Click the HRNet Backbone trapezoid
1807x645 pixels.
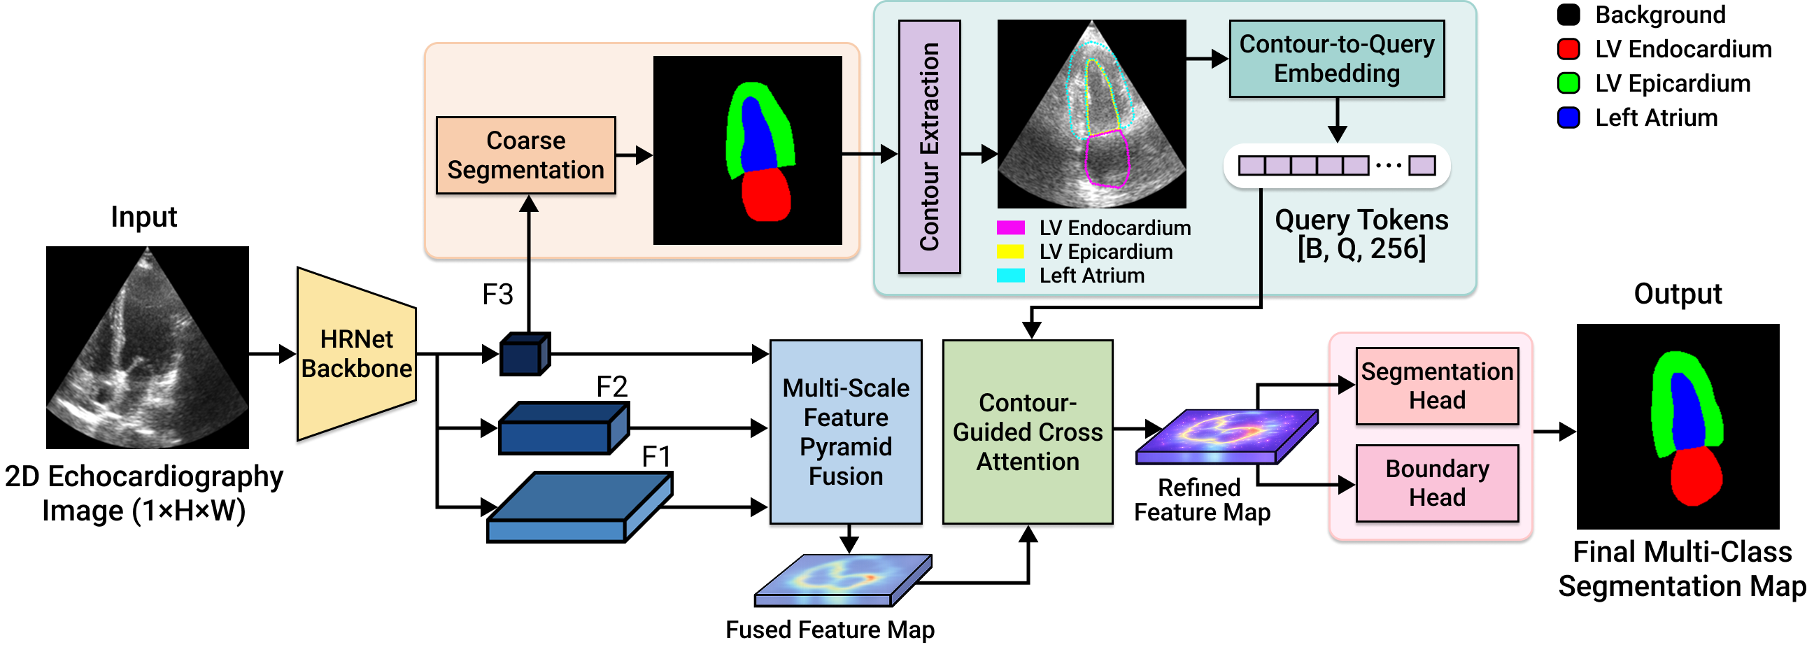click(356, 355)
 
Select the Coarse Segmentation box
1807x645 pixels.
click(525, 155)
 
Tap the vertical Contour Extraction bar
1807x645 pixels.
click(930, 146)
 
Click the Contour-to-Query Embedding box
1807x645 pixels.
click(1336, 59)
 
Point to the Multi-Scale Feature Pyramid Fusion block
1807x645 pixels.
click(845, 432)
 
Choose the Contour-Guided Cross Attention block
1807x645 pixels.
click(1027, 432)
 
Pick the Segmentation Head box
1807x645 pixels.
click(1437, 385)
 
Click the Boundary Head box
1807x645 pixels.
click(1437, 483)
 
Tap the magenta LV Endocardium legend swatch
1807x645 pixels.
click(1010, 228)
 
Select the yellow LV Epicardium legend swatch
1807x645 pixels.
click(1010, 252)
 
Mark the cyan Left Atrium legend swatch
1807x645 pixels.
click(1010, 276)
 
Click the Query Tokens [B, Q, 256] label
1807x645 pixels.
click(1361, 234)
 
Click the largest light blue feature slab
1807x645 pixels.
click(579, 508)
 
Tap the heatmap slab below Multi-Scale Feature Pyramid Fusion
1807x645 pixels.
click(843, 580)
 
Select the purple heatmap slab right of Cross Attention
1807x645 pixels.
click(1226, 436)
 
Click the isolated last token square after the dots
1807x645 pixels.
click(1422, 166)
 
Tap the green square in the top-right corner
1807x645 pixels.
click(1568, 83)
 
